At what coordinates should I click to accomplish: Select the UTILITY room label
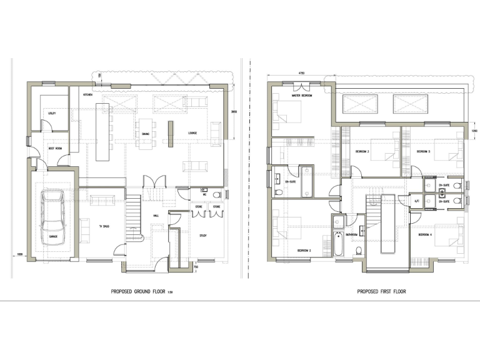pyautogui.click(x=52, y=112)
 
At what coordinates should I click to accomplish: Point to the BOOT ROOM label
pyautogui.click(x=54, y=148)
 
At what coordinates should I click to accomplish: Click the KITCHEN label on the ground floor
pyautogui.click(x=86, y=94)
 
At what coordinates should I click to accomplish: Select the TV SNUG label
pyautogui.click(x=104, y=226)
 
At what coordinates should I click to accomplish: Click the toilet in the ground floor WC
pyautogui.click(x=216, y=194)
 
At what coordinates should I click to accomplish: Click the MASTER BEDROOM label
pyautogui.click(x=301, y=96)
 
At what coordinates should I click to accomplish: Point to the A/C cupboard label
pyautogui.click(x=417, y=201)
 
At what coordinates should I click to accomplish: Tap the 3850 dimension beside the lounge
pyautogui.click(x=234, y=112)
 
